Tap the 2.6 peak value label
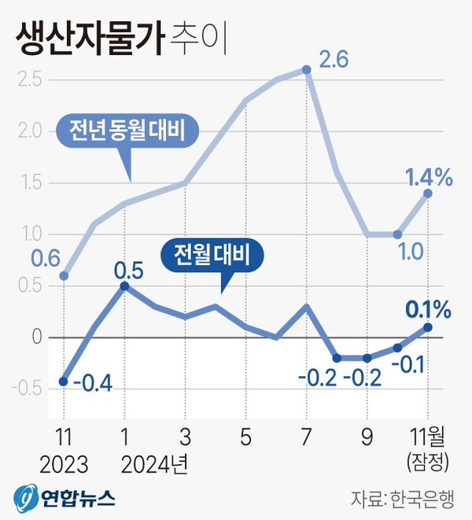pyautogui.click(x=333, y=60)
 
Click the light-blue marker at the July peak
pyautogui.click(x=307, y=70)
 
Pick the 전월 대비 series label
pyautogui.click(x=211, y=255)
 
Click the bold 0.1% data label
pyautogui.click(x=429, y=309)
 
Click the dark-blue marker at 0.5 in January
pyautogui.click(x=124, y=286)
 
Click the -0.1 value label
pyautogui.click(x=408, y=364)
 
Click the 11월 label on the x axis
pyautogui.click(x=427, y=436)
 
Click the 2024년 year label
pyautogui.click(x=155, y=462)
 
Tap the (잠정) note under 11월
pyautogui.click(x=427, y=459)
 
